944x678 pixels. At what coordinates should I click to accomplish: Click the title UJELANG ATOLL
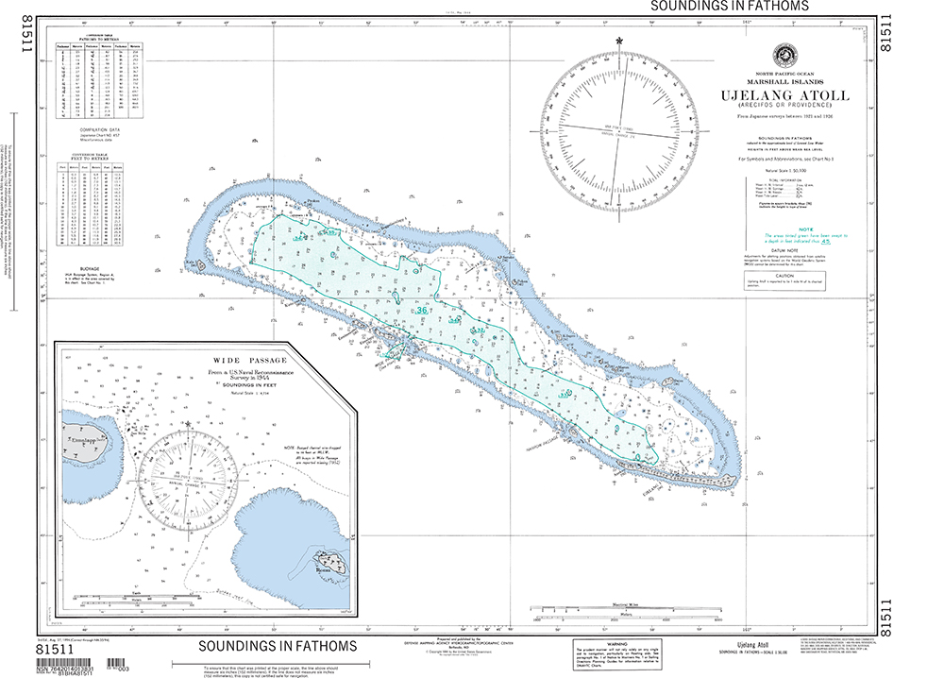tap(784, 95)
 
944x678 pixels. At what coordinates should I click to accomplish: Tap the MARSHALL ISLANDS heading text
tap(784, 82)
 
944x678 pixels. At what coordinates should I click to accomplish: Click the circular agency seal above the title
tap(784, 55)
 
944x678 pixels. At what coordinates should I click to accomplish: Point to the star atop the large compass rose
tap(619, 41)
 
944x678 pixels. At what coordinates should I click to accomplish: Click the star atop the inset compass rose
tap(189, 421)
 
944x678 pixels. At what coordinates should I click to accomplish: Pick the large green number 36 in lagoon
tap(422, 310)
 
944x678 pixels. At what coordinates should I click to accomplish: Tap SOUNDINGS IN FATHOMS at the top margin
tap(729, 6)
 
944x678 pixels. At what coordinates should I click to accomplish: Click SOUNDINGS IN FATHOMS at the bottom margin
tap(278, 647)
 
